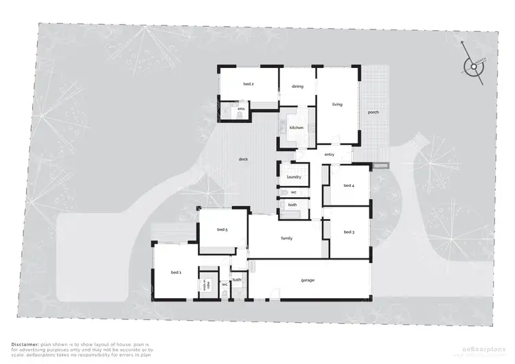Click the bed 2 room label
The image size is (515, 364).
click(249, 84)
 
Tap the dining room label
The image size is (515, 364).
click(297, 87)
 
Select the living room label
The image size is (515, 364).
click(337, 104)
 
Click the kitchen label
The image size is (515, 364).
click(296, 128)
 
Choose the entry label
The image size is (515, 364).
click(329, 155)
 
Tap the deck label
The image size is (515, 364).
click(243, 159)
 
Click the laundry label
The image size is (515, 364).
click(293, 177)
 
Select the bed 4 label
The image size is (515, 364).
click(349, 185)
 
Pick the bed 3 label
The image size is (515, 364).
click(349, 232)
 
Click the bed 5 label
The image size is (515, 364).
click(222, 229)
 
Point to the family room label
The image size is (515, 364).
click(287, 238)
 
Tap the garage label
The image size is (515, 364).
click(308, 280)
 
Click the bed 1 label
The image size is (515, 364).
click(176, 273)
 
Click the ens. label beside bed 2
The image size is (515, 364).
click(241, 109)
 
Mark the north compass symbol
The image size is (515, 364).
click(472, 67)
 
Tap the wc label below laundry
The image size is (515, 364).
click(293, 193)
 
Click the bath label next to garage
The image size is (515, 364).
click(237, 280)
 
